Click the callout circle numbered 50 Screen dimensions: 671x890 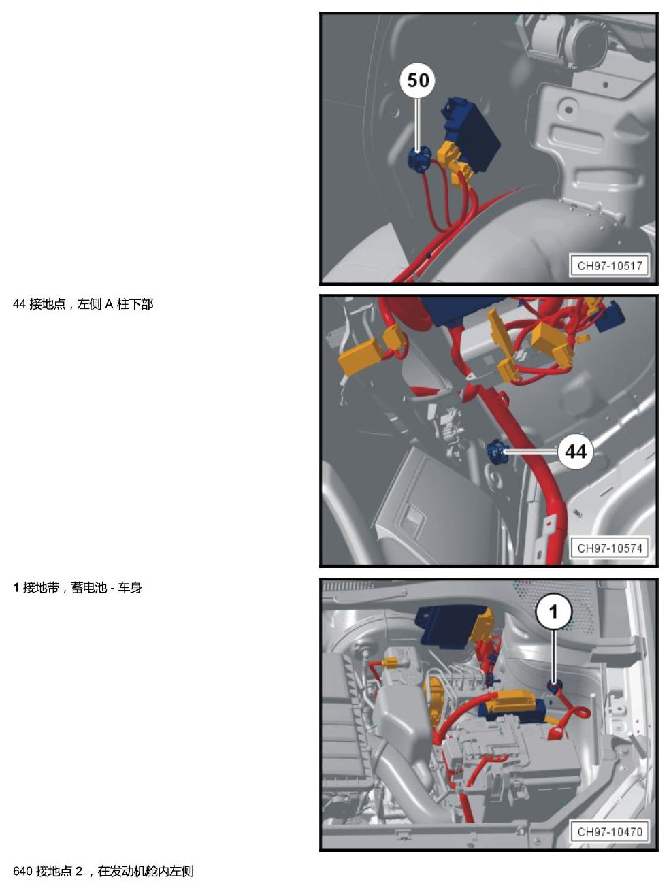point(417,81)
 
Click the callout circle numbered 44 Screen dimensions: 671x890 point(575,451)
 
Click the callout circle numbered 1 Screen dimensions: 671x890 point(553,612)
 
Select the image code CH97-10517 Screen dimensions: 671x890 point(609,266)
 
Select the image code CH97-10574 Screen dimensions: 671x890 point(609,548)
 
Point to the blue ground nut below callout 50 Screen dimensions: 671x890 point(418,159)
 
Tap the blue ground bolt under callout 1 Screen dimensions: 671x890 point(554,686)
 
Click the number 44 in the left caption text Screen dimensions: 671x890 point(19,304)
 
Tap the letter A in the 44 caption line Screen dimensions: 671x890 point(109,304)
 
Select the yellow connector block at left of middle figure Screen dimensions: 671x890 point(362,355)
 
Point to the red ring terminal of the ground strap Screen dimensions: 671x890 point(580,713)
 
